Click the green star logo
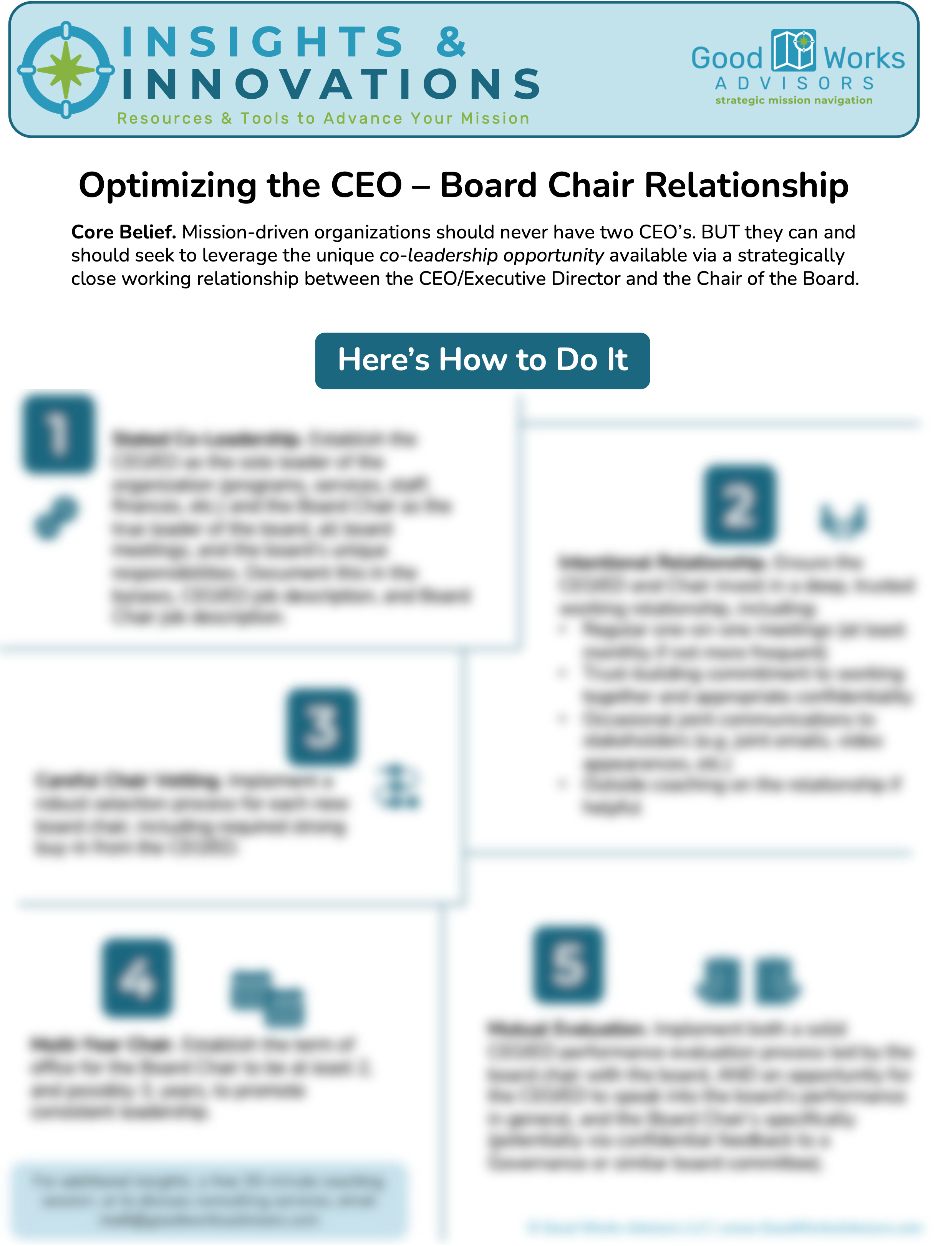tap(66, 70)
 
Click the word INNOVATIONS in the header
tap(331, 84)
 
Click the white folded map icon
tap(793, 50)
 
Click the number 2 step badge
tap(739, 503)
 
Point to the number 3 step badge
tap(322, 726)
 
